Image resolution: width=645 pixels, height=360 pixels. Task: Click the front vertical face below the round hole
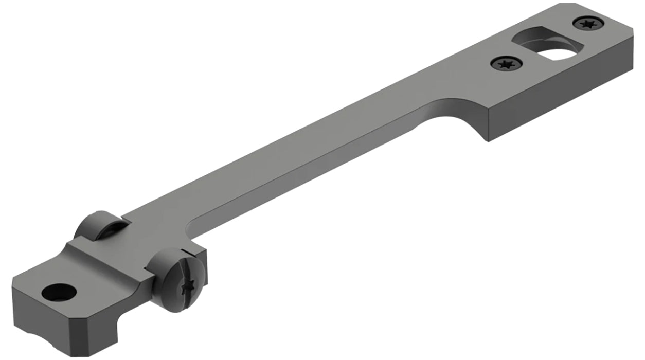click(x=31, y=319)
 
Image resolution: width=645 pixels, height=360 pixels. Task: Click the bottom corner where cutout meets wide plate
click(x=487, y=140)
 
